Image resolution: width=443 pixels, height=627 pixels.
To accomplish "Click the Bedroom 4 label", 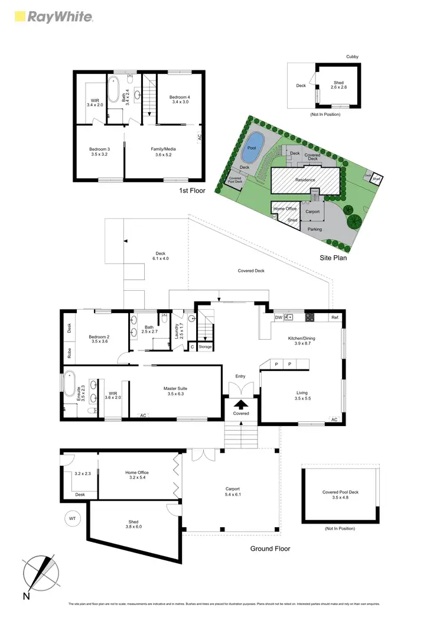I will click(180, 99).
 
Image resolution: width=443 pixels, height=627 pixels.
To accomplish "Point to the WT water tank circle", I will click(73, 519).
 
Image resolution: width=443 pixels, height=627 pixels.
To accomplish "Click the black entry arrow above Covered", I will click(241, 405).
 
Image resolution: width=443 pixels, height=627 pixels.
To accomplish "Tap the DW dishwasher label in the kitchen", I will click(279, 318).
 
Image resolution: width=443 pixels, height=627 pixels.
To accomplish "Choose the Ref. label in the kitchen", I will click(335, 318).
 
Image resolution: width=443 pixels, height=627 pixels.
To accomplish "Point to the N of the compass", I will click(27, 597).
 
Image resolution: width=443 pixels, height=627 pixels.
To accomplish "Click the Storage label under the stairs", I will click(205, 347).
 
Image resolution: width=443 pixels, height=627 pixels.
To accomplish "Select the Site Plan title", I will click(332, 258).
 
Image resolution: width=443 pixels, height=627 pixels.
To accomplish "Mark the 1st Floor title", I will click(192, 191).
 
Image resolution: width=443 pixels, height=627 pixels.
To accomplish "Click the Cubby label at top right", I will click(352, 57).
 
